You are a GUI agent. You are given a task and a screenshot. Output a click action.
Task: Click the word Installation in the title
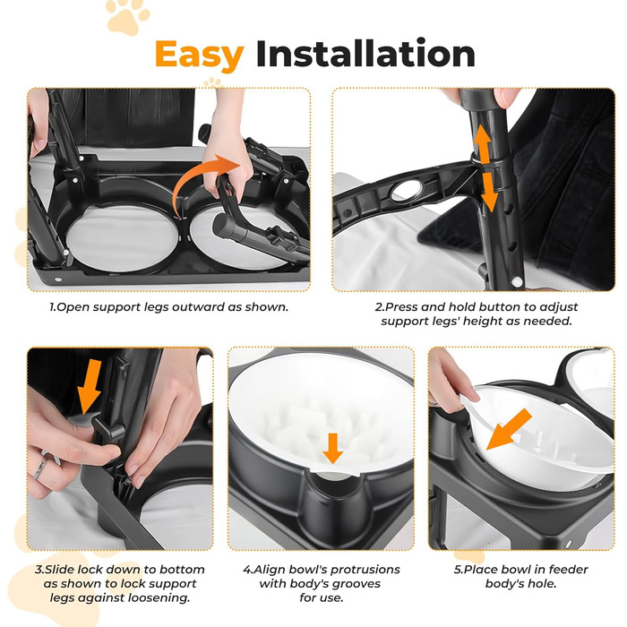point(365,54)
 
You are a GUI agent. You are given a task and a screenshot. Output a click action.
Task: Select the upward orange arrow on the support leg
point(483,143)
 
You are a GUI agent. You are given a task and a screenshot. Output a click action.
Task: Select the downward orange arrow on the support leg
point(489,192)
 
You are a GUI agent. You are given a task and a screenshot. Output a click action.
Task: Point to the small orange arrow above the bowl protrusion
point(332,448)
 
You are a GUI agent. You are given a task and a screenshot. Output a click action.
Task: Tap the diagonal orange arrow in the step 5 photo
point(509,430)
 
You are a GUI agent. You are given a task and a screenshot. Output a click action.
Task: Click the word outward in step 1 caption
point(198,307)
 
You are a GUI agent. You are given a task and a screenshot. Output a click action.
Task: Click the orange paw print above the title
point(128,17)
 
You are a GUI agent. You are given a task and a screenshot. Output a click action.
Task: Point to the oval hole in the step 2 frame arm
point(407,191)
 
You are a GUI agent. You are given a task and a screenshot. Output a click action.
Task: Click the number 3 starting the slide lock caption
point(39,570)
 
